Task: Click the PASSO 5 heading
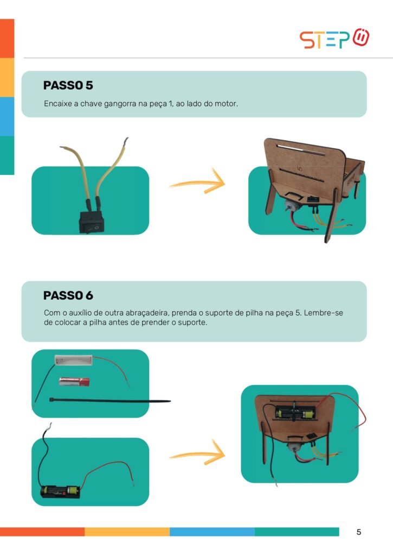coord(68,85)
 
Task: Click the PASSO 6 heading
coord(68,295)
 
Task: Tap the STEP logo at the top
coord(334,39)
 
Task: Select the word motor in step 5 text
coord(226,104)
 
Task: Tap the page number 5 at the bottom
coord(359,532)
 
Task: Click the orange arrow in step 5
coord(197,182)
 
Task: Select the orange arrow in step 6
coord(197,453)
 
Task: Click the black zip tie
coord(109,401)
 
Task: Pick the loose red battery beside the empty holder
coord(74,382)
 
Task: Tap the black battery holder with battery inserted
coord(60,491)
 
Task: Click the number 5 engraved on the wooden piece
coord(300,169)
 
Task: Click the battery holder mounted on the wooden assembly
coord(295,413)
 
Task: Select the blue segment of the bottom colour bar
coord(212,532)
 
